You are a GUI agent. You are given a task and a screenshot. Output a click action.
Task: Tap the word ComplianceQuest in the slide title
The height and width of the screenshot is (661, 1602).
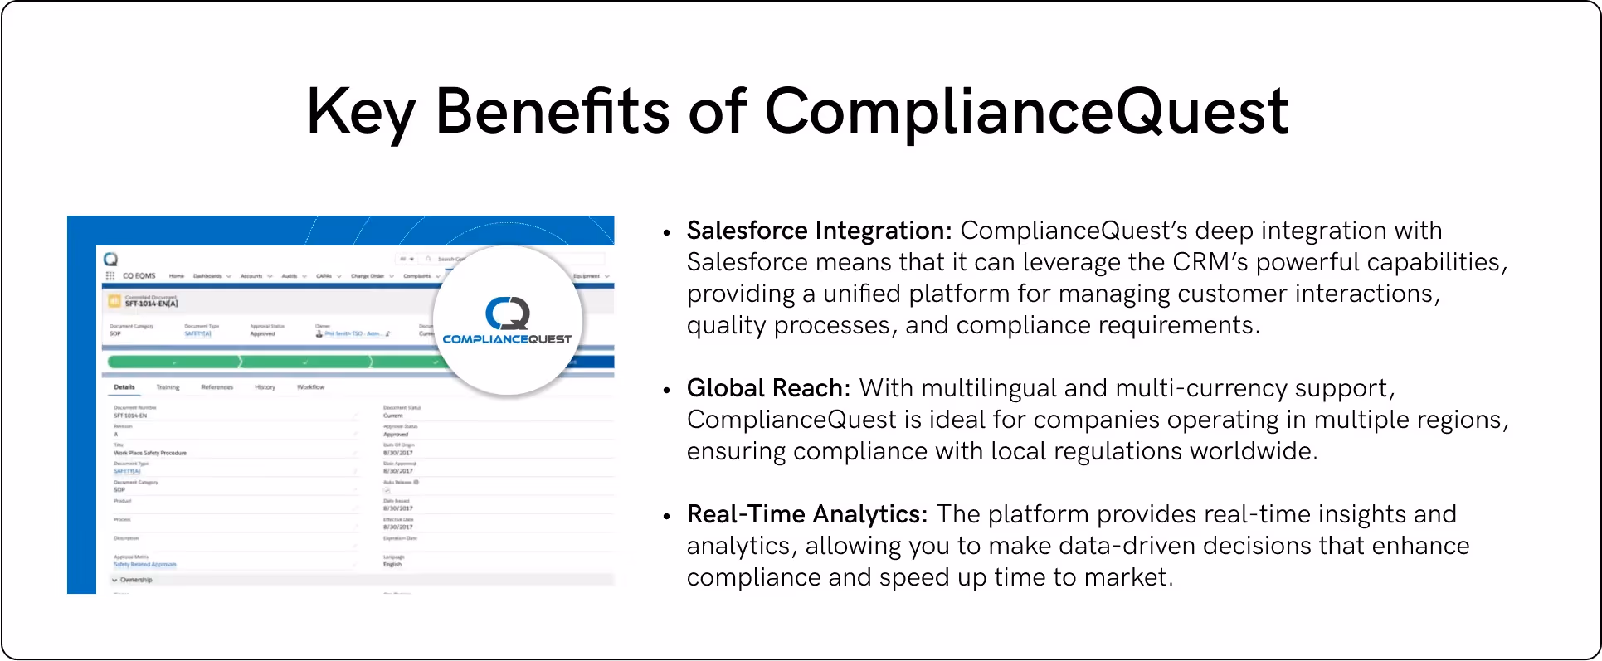(1025, 112)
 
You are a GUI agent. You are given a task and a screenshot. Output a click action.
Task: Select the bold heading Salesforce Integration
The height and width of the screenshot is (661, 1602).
(819, 231)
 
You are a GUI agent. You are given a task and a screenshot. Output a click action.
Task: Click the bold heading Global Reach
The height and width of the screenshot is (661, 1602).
(768, 388)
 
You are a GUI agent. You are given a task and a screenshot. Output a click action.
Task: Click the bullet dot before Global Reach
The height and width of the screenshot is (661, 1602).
(667, 390)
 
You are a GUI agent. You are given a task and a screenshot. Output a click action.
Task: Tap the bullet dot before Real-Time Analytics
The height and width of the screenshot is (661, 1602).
(667, 516)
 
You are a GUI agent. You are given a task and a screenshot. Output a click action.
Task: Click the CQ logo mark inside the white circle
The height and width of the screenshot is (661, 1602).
(507, 313)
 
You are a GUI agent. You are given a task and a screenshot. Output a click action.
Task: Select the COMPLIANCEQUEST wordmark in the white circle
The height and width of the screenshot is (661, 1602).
(507, 339)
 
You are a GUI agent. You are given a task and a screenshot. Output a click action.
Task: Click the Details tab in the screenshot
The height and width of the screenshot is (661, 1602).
(124, 387)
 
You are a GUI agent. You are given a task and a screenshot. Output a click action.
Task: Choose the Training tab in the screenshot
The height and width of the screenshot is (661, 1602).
(168, 387)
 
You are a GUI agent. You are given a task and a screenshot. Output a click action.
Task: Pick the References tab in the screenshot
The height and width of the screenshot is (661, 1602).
(217, 387)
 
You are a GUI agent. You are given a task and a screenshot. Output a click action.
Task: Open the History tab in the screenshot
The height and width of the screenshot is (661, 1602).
(265, 387)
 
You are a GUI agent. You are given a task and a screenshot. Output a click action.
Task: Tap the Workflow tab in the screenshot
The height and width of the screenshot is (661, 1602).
(310, 387)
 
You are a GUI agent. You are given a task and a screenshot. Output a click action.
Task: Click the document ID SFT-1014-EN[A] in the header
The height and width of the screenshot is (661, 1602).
(152, 304)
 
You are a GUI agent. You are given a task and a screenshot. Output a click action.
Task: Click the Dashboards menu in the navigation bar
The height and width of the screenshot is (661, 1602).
(208, 276)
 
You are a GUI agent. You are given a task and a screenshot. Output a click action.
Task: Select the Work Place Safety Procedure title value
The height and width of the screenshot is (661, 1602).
(150, 453)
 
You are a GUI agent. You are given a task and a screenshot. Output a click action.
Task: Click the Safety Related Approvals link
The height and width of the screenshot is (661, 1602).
(145, 565)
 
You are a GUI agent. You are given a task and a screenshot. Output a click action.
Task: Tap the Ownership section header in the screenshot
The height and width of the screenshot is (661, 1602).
(135, 580)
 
